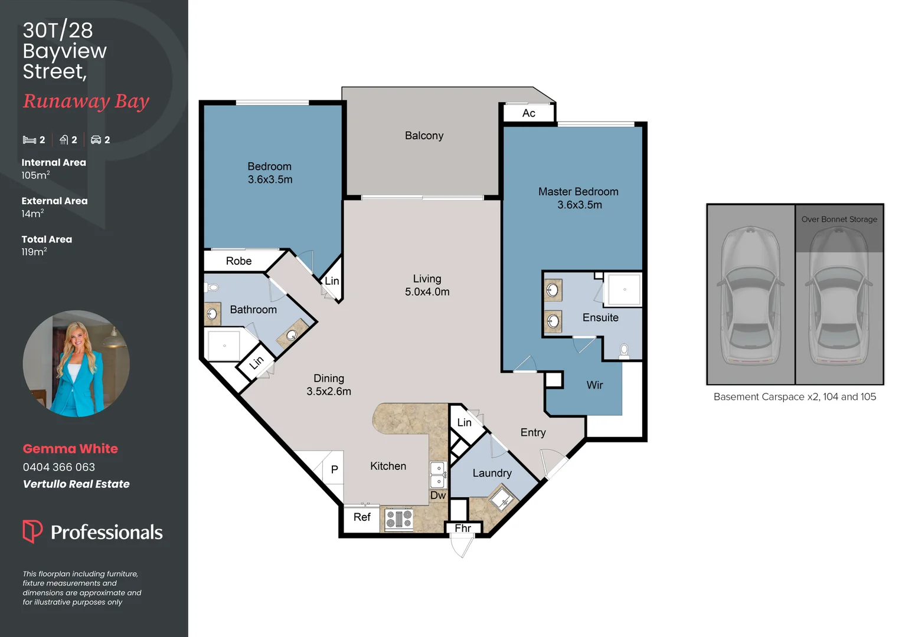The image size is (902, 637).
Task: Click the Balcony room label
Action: (424, 136)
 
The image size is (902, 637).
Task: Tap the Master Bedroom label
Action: (578, 192)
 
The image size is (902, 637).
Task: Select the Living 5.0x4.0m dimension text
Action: (427, 292)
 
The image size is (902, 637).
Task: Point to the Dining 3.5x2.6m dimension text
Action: (328, 392)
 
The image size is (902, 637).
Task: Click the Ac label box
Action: (528, 113)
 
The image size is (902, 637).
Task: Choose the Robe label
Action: (238, 261)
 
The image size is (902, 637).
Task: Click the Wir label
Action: (594, 385)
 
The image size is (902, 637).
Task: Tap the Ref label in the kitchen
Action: (361, 517)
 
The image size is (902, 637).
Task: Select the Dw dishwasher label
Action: (437, 495)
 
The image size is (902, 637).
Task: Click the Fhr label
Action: (463, 528)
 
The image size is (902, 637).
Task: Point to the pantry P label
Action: (334, 469)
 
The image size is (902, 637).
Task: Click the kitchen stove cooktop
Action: (399, 519)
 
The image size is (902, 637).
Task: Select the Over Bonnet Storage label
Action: (839, 219)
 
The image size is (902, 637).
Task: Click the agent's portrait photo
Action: (76, 363)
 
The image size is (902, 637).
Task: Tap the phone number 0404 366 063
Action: (59, 467)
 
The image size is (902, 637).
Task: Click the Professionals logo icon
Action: (32, 531)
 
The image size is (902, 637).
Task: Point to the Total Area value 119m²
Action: (34, 252)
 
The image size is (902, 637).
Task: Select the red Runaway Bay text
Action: (86, 101)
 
